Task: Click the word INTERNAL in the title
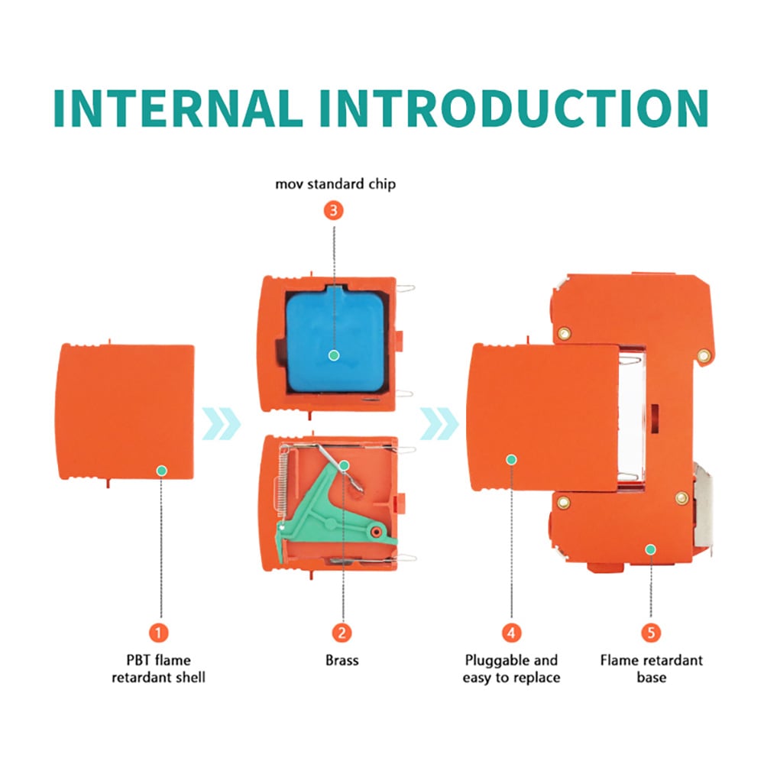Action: pos(178,108)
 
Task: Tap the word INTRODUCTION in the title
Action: pos(513,108)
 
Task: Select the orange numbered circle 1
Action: pos(158,633)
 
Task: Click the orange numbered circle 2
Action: pos(342,633)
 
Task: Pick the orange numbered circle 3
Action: pos(334,211)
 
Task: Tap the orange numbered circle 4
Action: pos(511,633)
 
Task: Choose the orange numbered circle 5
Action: pos(651,633)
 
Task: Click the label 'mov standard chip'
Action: pos(335,184)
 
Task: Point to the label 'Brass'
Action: pos(342,660)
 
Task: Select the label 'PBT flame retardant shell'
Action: pos(158,668)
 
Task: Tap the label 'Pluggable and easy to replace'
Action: pos(511,668)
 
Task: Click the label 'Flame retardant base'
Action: pos(652,668)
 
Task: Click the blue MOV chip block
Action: pos(335,339)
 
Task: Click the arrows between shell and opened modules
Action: pos(222,423)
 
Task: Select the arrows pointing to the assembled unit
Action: pos(439,423)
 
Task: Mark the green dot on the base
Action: pos(650,549)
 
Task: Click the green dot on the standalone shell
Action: pos(162,471)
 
